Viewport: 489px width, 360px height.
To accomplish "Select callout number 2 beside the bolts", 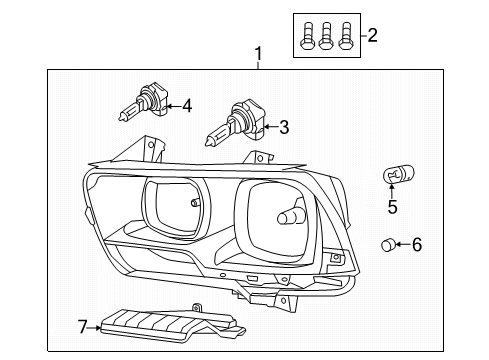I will click(x=373, y=37).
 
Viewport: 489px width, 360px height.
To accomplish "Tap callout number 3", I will click(x=284, y=127).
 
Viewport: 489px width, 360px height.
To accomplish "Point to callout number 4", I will click(x=186, y=103).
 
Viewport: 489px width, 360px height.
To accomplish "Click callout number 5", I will click(x=392, y=208).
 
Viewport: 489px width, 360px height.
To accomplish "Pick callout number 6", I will click(x=417, y=243).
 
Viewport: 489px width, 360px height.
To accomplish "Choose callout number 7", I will click(x=83, y=325).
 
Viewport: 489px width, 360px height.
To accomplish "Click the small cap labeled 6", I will click(x=390, y=243).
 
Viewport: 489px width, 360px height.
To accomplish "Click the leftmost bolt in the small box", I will click(x=307, y=36).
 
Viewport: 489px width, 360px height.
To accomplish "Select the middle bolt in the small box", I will click(x=326, y=36).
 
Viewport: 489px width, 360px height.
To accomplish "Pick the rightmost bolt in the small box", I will click(x=345, y=36).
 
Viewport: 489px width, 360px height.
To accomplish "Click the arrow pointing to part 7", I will click(x=97, y=325).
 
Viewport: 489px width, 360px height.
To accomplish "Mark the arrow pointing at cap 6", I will click(x=403, y=243).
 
